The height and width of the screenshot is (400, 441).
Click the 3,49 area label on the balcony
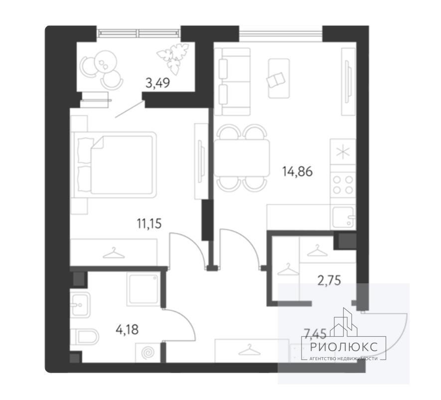click(x=157, y=83)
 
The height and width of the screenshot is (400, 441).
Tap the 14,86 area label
click(x=297, y=171)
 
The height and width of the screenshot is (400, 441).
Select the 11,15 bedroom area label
click(x=149, y=224)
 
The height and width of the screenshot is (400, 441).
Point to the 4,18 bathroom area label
click(x=127, y=329)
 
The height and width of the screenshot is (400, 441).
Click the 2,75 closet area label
click(x=329, y=280)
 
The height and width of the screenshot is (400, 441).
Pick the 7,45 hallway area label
click(x=315, y=334)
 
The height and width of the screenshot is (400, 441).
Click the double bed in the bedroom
click(x=114, y=165)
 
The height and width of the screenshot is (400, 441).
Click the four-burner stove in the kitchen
click(x=343, y=185)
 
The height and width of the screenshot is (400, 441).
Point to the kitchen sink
click(x=343, y=217)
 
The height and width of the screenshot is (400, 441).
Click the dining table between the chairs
click(x=242, y=158)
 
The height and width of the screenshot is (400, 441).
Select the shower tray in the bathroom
click(x=144, y=289)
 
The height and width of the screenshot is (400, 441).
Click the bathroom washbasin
click(x=80, y=305)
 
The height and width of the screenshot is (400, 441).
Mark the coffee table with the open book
click(x=279, y=78)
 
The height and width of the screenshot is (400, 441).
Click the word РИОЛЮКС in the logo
click(x=344, y=347)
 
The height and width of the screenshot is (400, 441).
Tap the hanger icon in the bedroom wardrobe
click(x=114, y=252)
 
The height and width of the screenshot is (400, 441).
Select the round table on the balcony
click(x=106, y=61)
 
